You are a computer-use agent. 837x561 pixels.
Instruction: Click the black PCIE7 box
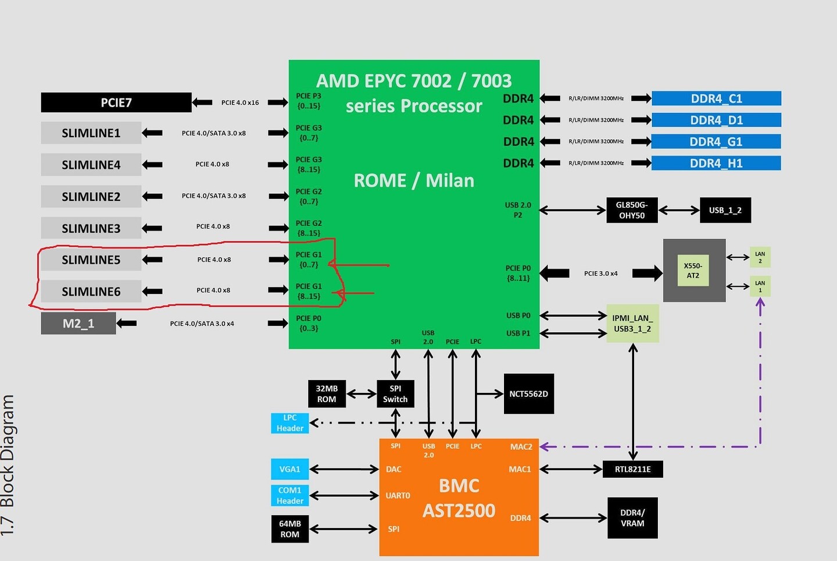(x=116, y=102)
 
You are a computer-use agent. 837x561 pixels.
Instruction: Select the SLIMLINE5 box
(x=91, y=260)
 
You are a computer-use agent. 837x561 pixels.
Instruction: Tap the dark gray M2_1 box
(x=78, y=324)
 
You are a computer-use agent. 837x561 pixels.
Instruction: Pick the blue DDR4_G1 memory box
(x=716, y=141)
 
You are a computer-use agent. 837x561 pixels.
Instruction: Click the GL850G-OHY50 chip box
(x=632, y=210)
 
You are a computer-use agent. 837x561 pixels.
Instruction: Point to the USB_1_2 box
(x=725, y=210)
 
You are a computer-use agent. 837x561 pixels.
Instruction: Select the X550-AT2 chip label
(x=693, y=271)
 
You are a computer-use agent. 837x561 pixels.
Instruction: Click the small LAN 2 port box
(x=760, y=257)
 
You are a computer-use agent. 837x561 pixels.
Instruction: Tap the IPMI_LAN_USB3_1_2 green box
(x=632, y=324)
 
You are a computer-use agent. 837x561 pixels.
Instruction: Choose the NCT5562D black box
(x=528, y=394)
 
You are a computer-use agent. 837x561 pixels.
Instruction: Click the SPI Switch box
(x=395, y=394)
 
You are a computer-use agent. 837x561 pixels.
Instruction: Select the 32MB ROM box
(x=327, y=394)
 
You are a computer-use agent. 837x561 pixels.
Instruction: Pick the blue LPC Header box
(x=289, y=423)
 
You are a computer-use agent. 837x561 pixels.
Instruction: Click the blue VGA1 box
(x=289, y=469)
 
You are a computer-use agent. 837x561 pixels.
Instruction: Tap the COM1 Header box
(x=289, y=495)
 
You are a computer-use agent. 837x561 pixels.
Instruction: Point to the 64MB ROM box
(x=289, y=529)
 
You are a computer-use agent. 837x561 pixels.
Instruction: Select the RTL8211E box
(x=632, y=469)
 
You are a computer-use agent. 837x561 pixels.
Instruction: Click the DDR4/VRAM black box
(x=632, y=518)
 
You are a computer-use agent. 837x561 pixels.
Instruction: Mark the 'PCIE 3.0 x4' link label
(x=600, y=273)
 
